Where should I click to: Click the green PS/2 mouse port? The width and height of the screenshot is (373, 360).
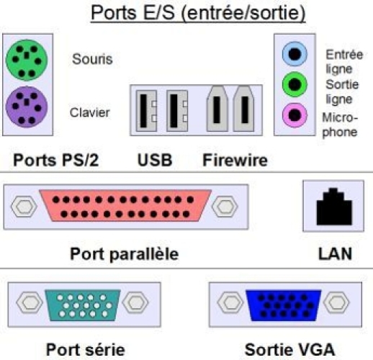pos(27,60)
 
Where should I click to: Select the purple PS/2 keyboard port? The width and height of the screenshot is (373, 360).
pos(27,107)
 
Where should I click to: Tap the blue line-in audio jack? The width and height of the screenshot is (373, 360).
pos(295,54)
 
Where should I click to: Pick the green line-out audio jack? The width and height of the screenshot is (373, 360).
pos(295,84)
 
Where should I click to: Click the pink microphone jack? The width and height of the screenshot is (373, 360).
pos(295,115)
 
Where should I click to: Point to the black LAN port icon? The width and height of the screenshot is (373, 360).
pos(334,207)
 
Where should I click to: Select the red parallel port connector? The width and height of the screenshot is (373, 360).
pos(125,206)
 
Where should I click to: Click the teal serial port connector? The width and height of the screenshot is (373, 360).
pos(83,305)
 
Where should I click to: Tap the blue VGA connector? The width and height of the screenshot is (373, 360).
pos(284,305)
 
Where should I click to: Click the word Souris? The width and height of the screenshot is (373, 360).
pos(92,59)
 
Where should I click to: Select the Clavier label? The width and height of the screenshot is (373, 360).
pos(90,112)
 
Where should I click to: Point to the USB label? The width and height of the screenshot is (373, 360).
pos(155,160)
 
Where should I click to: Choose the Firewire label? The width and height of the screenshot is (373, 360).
pos(235,160)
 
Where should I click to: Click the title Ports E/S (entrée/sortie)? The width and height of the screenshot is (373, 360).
pos(198,13)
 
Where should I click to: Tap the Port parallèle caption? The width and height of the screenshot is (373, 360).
pos(125,254)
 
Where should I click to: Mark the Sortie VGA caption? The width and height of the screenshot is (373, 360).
pos(289,350)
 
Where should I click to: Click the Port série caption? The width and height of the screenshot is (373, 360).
pos(86,350)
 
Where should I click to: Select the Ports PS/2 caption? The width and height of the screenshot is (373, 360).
pos(56,160)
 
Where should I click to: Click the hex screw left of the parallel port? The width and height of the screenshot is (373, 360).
pos(24,207)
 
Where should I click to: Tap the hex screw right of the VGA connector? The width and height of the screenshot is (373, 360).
pos(336,302)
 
